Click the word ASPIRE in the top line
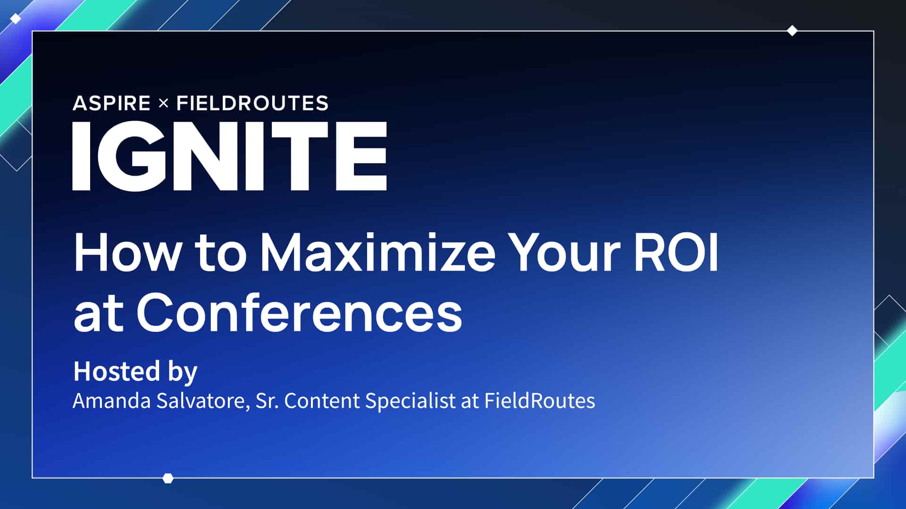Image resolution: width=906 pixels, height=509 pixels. point(111,103)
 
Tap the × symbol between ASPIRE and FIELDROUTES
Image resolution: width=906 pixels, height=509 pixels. point(163,103)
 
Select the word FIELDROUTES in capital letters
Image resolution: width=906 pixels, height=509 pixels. point(252,103)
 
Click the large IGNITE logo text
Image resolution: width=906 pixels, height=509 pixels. point(230,156)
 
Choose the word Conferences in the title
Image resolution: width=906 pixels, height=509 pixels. point(299,312)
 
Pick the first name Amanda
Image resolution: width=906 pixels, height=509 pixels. point(112,401)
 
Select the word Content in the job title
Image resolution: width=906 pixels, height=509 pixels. point(322,401)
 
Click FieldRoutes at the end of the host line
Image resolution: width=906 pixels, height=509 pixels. point(539,401)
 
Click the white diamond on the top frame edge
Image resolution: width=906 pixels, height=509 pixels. point(792,31)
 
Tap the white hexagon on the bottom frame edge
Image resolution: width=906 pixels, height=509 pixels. point(168,478)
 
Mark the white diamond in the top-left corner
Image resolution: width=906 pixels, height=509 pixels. point(16,19)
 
